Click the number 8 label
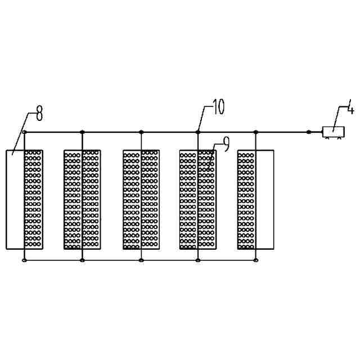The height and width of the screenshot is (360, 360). pyautogui.click(x=39, y=115)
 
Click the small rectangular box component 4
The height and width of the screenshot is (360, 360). pyautogui.click(x=333, y=132)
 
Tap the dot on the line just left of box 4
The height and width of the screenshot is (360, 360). pyautogui.click(x=308, y=132)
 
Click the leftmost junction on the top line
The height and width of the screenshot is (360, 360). pyautogui.click(x=24, y=132)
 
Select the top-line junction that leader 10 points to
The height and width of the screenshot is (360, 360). pyautogui.click(x=198, y=132)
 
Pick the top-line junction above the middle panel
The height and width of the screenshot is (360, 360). pyautogui.click(x=141, y=132)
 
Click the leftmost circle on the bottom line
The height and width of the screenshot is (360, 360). pyautogui.click(x=24, y=260)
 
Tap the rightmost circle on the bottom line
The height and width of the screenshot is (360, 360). pyautogui.click(x=256, y=260)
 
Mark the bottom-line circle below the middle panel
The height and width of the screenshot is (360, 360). pyautogui.click(x=141, y=260)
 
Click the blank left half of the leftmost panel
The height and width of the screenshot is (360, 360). pyautogui.click(x=15, y=199)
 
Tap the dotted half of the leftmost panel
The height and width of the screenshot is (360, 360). pyautogui.click(x=34, y=199)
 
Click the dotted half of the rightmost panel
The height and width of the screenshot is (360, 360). pyautogui.click(x=246, y=199)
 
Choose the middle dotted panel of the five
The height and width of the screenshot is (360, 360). pyautogui.click(x=141, y=199)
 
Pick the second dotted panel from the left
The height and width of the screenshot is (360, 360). pyautogui.click(x=82, y=199)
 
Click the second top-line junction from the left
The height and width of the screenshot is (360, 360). pyautogui.click(x=82, y=132)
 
